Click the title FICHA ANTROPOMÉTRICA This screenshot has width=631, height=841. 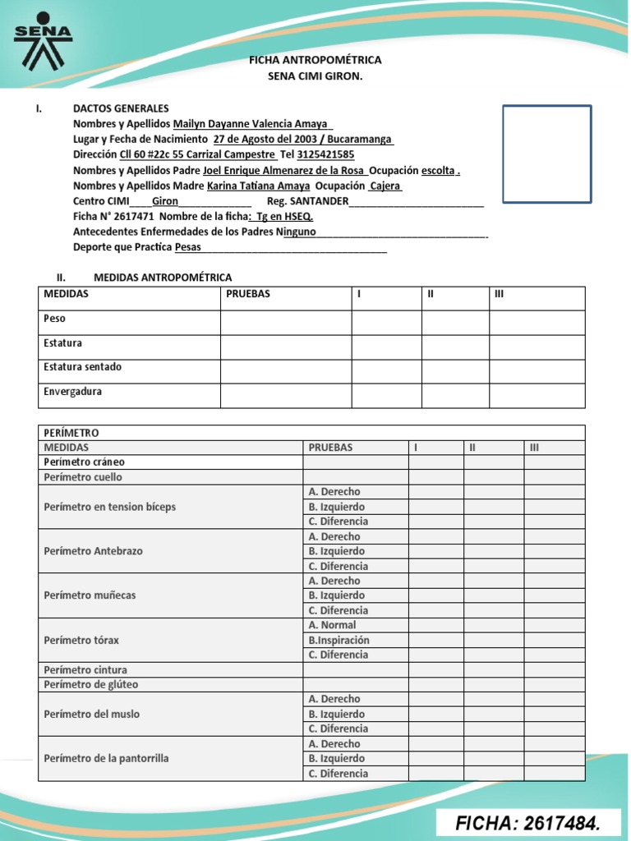click(315, 61)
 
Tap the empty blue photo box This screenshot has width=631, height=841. click(546, 154)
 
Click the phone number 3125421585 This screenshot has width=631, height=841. click(325, 154)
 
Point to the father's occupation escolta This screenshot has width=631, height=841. click(439, 170)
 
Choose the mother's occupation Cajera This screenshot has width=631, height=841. click(385, 186)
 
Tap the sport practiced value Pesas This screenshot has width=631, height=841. click(188, 247)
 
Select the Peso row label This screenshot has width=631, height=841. click(54, 318)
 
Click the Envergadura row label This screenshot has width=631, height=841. click(72, 392)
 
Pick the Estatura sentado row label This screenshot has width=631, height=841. click(82, 367)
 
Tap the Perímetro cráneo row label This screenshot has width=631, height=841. click(84, 462)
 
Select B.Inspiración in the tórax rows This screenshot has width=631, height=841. click(339, 640)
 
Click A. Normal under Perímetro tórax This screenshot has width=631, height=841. click(333, 625)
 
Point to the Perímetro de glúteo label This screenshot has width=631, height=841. click(90, 684)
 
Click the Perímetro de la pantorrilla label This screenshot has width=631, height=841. click(106, 758)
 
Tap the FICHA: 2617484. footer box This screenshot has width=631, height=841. click(527, 822)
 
